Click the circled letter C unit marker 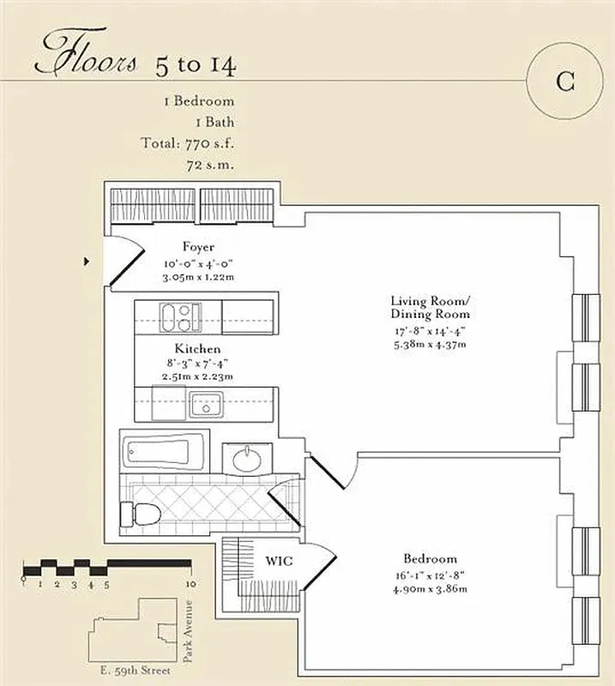564,81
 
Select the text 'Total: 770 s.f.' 187,143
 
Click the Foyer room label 198,247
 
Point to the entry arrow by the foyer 87,262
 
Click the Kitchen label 197,349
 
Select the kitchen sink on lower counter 207,403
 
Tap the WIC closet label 279,561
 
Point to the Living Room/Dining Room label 430,307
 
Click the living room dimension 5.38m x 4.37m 431,344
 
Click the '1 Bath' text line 207,122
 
